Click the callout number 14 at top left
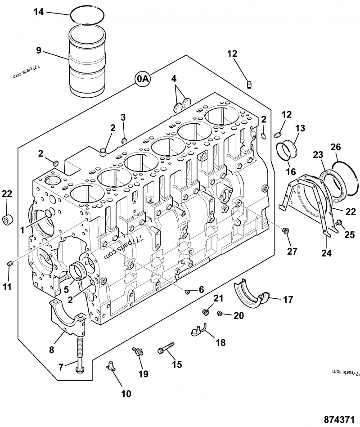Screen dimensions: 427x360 pos(39,12)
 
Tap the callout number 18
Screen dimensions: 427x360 pos(220,342)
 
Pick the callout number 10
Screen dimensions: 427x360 pos(126,394)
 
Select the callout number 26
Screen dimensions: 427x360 pos(336,147)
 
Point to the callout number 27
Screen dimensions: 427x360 pos(292,251)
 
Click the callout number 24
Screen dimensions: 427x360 pos(326,253)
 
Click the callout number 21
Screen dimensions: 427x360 pos(218,298)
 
